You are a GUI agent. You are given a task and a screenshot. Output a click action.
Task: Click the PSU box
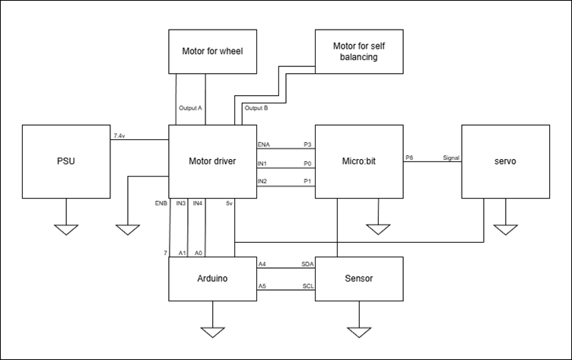[66, 161]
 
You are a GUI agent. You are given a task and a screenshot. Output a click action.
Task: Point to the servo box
[504, 161]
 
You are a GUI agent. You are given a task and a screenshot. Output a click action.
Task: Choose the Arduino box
[212, 279]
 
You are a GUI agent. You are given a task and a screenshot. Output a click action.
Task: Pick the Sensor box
[358, 279]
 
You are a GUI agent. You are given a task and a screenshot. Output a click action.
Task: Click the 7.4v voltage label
[119, 135]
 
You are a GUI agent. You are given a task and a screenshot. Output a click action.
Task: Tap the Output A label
[190, 108]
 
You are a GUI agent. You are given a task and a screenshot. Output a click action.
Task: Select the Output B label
[256, 108]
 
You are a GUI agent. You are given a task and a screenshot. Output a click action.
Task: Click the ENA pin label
[264, 143]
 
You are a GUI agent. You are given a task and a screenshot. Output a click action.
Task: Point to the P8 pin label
[409, 158]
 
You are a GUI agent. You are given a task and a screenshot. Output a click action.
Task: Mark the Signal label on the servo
[452, 158]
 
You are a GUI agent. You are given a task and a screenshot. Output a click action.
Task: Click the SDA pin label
[308, 264]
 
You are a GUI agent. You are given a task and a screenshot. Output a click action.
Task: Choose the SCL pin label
[308, 286]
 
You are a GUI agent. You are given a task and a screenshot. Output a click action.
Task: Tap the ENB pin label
[160, 203]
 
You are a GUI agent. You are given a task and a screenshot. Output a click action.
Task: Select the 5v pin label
[229, 203]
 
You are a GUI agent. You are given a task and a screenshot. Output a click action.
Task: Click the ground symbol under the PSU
[66, 228]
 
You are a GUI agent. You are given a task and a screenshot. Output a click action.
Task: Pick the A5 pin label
[262, 286]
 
